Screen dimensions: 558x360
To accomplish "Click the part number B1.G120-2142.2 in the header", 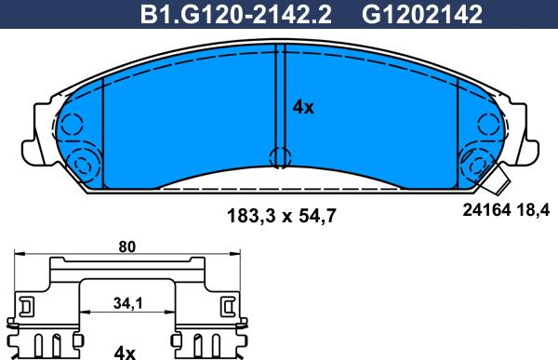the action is click(x=235, y=15).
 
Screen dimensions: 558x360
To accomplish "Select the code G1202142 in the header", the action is click(x=422, y=15).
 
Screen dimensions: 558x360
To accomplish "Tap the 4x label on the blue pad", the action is click(x=303, y=107).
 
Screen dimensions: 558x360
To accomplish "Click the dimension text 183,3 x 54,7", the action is click(x=281, y=216).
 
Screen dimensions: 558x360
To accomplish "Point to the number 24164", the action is click(x=486, y=210).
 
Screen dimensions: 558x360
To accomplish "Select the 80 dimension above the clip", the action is click(x=127, y=247).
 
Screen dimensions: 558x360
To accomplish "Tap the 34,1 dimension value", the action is click(x=127, y=303).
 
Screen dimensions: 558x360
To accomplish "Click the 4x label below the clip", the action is click(x=125, y=353).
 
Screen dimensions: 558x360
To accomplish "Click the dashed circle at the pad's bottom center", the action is click(x=281, y=157).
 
